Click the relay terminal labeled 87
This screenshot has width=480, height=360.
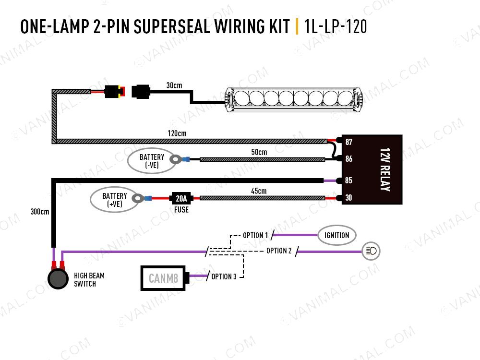pos(348,142)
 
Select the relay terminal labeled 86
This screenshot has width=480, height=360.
pos(348,158)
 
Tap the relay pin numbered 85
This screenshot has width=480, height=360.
pos(348,181)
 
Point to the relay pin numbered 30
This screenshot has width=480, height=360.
pos(348,198)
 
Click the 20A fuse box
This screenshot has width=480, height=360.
pos(181,198)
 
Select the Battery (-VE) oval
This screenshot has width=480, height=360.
pos(152,161)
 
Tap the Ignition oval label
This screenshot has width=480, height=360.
pos(336,235)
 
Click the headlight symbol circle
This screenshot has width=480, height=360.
pos(371,251)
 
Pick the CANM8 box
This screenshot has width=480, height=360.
pos(163,278)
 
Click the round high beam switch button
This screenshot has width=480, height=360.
pos(58,279)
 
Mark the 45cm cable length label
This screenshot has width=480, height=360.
pos(258,191)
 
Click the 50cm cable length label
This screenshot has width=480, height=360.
pos(259,152)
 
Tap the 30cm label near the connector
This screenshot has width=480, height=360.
pos(174,85)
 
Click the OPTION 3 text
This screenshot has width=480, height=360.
pos(224,276)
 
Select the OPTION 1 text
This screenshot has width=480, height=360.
pos(255,236)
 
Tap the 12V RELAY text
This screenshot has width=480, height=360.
pos(384,170)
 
